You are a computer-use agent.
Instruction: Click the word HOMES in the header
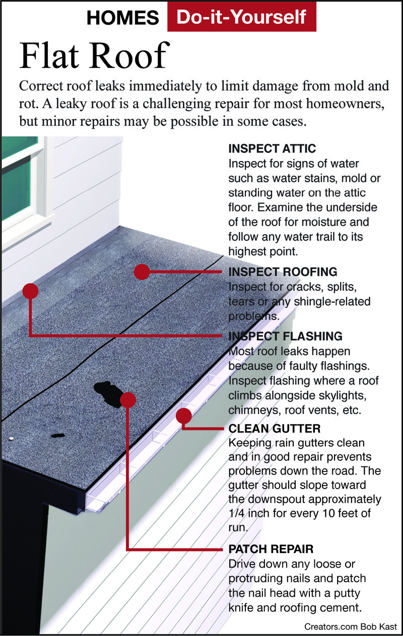point(122,18)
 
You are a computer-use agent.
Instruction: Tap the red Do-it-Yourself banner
point(242,17)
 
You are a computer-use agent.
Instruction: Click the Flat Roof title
point(94,55)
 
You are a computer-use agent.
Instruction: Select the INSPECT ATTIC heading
point(272,148)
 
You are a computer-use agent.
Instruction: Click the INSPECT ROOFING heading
point(283,272)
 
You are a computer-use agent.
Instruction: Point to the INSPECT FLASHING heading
point(285,336)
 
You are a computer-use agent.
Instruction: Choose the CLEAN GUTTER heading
point(274,429)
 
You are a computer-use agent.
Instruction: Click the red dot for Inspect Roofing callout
point(142,272)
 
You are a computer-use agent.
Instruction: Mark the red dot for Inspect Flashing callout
point(30,291)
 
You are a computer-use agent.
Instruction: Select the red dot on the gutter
point(183,416)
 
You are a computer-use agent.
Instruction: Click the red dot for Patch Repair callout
point(128,400)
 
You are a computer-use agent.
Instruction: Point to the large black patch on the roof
point(108,393)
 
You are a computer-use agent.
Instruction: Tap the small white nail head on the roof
point(11,438)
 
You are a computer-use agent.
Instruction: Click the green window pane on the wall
point(18,187)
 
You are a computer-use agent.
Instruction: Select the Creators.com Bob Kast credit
point(351,627)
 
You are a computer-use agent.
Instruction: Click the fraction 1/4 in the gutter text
point(237,513)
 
